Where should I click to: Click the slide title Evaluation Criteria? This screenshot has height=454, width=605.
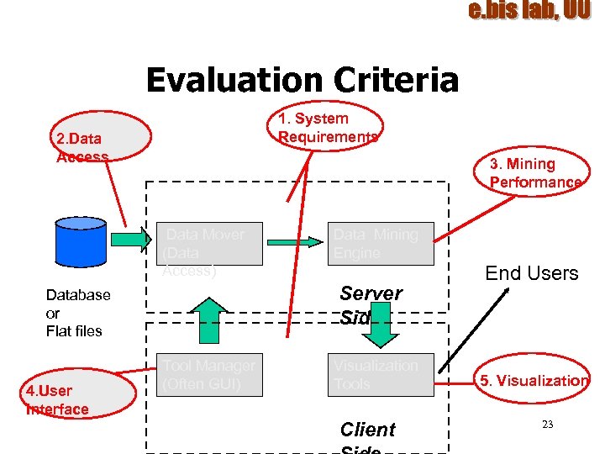click(x=302, y=81)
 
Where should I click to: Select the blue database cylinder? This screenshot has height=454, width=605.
click(x=80, y=240)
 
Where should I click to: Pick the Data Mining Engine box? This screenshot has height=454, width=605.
click(x=380, y=244)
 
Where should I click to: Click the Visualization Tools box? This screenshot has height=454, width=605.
click(x=380, y=375)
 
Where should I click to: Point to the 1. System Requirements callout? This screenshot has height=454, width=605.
click(x=329, y=128)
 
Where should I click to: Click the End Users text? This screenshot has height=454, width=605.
click(x=531, y=273)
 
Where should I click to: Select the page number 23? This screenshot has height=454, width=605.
click(x=547, y=425)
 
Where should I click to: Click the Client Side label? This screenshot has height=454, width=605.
click(x=367, y=433)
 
